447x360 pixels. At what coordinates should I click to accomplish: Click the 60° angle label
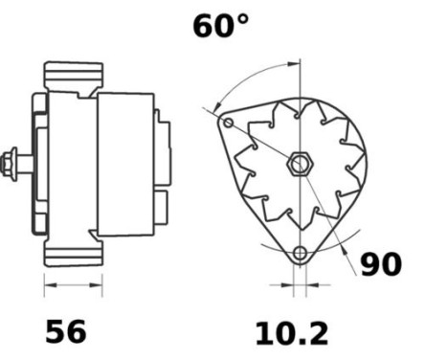pos(220,26)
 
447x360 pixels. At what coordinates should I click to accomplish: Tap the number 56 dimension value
pos(66,331)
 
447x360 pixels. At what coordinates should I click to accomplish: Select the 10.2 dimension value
pos(291,333)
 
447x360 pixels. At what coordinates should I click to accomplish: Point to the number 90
pos(381,264)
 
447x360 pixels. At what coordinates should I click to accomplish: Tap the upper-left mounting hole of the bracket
pos(228,124)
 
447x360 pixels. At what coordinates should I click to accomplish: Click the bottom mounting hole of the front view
pos(300,254)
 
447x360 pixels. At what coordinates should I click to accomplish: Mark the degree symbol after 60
pos(241,18)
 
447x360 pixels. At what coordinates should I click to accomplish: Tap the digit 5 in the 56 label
pos(56,331)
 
